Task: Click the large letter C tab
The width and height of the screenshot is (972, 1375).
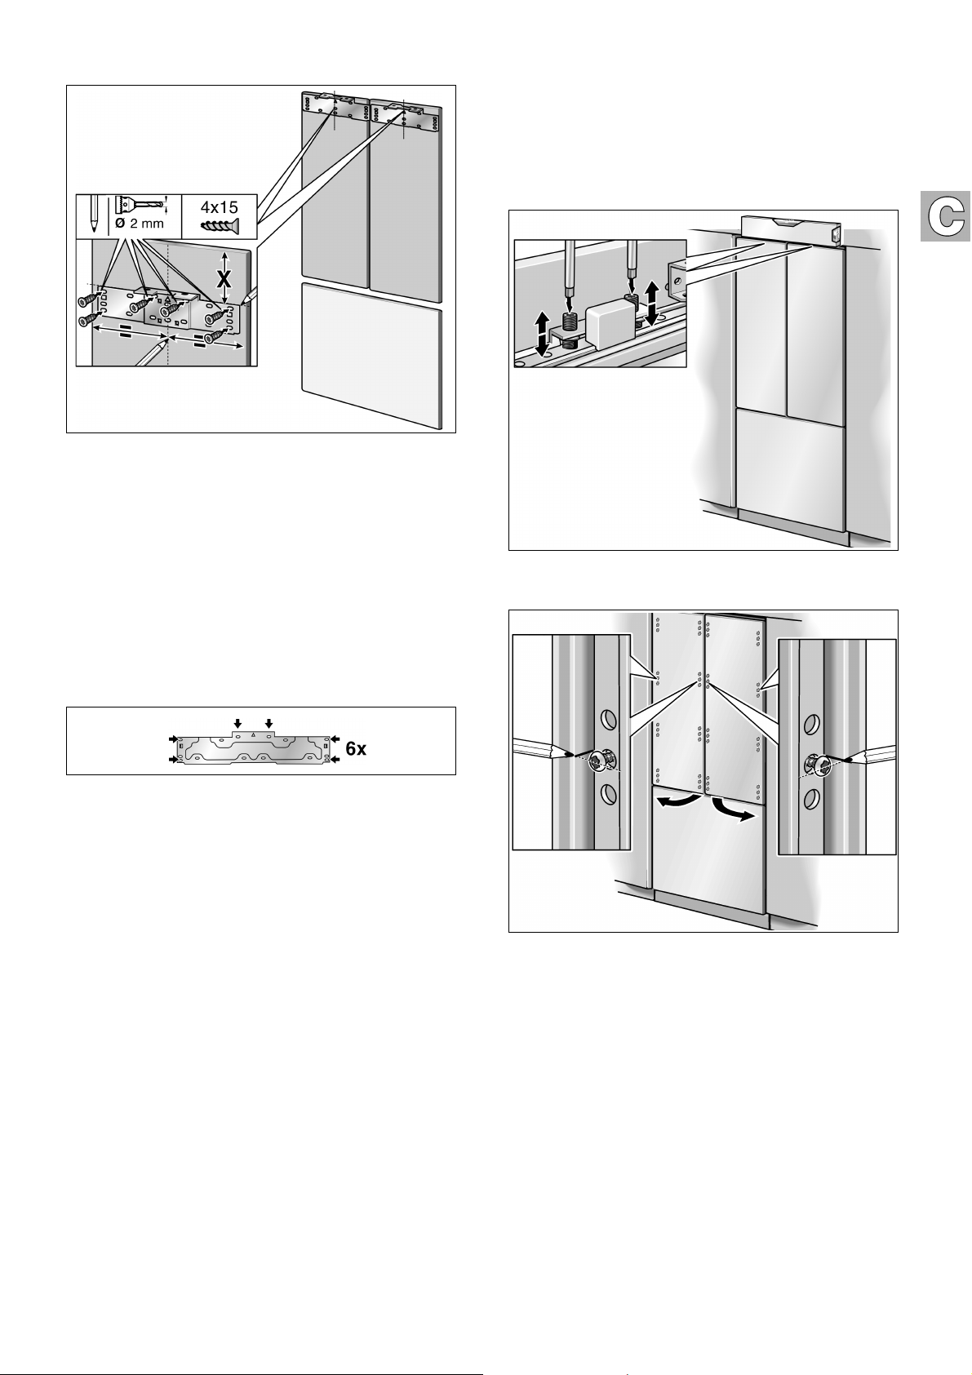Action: click(944, 216)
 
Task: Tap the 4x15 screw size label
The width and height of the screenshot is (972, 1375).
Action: click(220, 207)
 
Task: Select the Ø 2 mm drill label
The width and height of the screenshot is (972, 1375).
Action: click(140, 224)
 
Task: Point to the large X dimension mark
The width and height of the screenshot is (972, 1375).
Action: click(224, 279)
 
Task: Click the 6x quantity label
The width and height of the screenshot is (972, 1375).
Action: click(356, 749)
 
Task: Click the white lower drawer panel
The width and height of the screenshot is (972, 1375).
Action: click(371, 355)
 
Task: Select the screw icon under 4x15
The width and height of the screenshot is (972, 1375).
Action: click(220, 225)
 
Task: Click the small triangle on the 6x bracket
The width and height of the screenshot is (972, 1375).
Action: click(254, 734)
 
